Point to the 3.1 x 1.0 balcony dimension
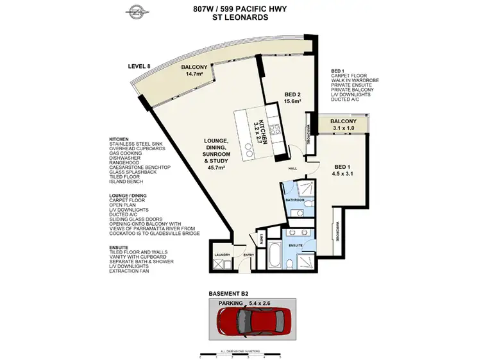[342, 128]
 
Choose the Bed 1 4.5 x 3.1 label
[344, 173]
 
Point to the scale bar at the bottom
[240, 354]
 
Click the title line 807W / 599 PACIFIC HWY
[240, 9]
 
